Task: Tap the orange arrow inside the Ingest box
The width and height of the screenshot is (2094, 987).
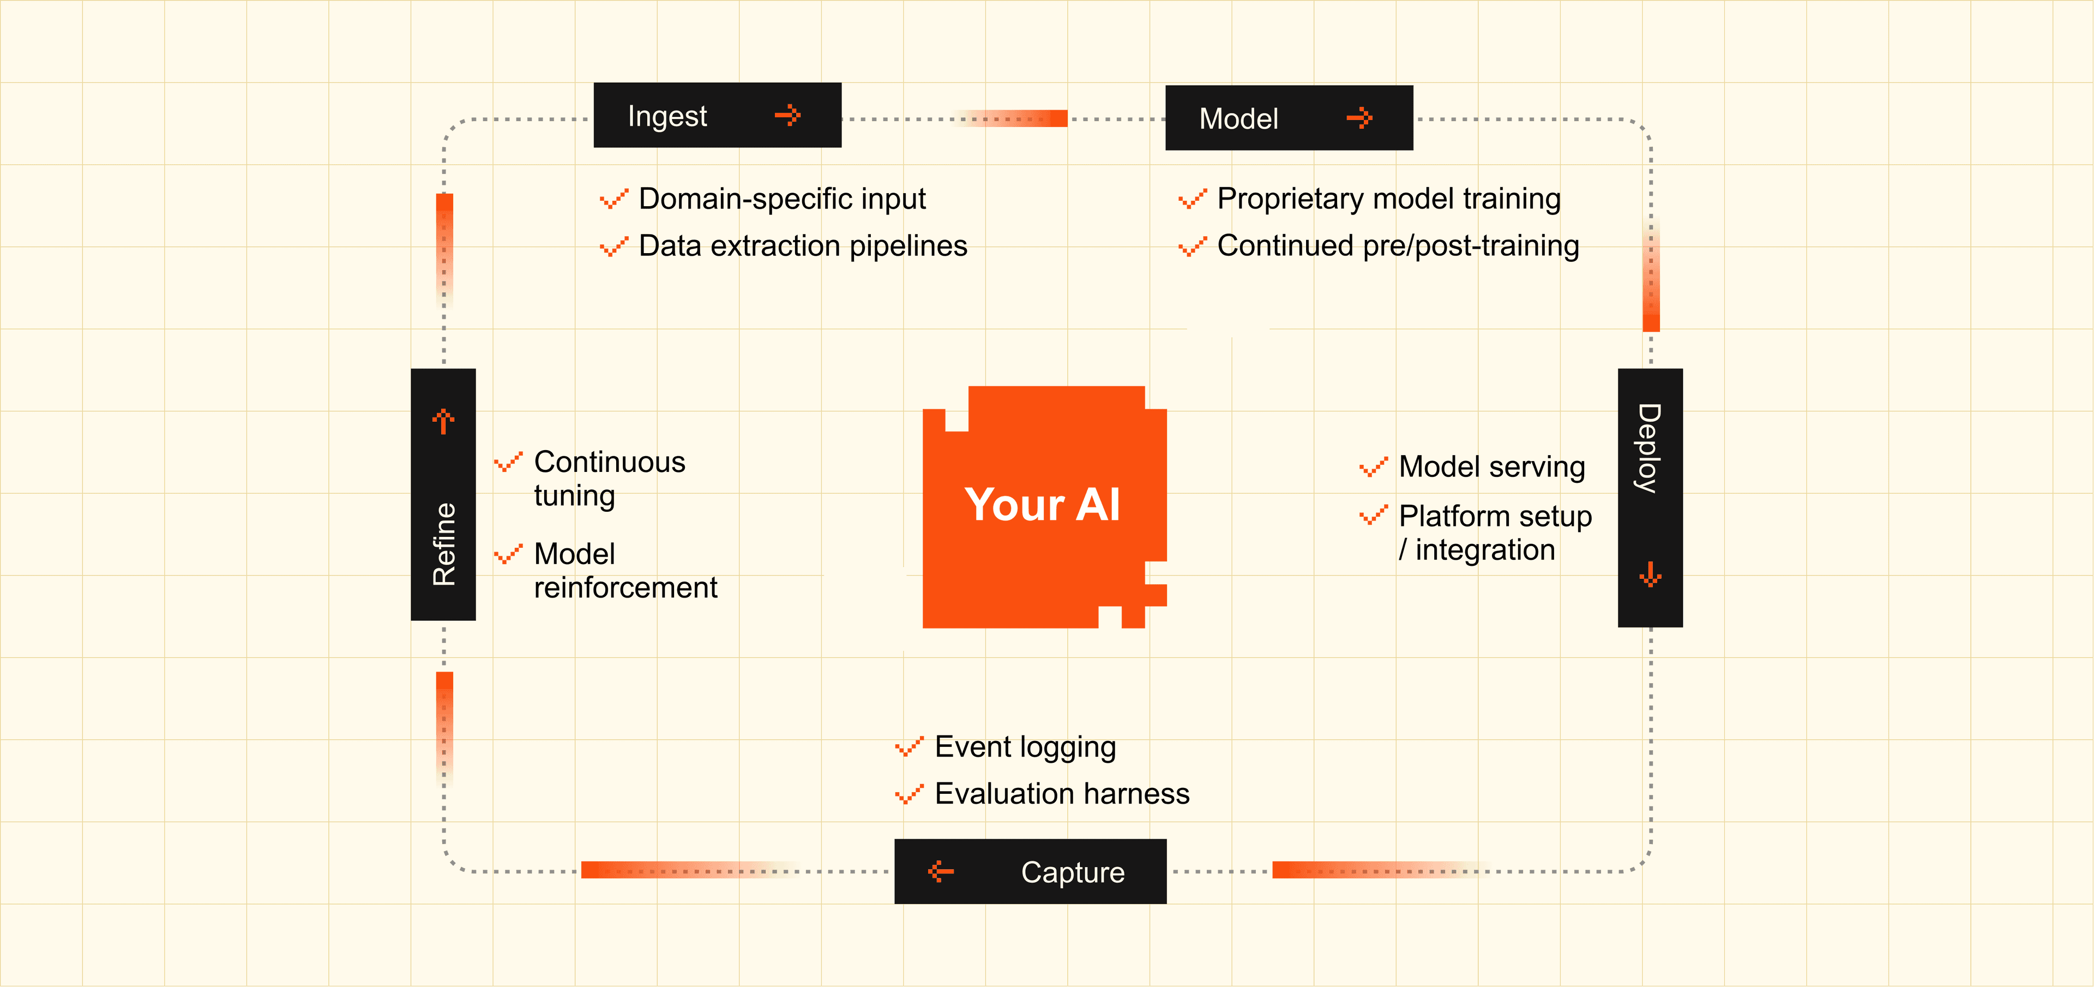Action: (x=787, y=116)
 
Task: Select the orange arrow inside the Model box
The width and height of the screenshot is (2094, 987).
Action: (x=1359, y=119)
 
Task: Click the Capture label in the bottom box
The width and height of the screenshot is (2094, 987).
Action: (x=1073, y=872)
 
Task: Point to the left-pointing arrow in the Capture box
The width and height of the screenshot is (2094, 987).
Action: (x=941, y=871)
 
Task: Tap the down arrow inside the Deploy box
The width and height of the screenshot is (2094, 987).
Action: (x=1650, y=574)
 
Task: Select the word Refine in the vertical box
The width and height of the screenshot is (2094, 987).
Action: (x=444, y=544)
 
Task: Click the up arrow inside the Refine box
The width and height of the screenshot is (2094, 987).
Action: (x=443, y=421)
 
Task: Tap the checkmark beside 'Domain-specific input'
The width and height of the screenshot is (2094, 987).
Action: (x=613, y=199)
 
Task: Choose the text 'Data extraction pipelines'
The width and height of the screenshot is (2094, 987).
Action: (x=803, y=246)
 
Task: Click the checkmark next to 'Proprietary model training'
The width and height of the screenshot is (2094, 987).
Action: (x=1193, y=199)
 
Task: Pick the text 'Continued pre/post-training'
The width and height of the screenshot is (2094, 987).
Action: (x=1398, y=246)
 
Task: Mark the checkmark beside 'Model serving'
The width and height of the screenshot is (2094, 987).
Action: (x=1374, y=468)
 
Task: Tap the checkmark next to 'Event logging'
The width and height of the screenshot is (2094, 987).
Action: (x=909, y=746)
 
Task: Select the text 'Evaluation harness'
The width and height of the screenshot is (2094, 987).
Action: (x=1062, y=793)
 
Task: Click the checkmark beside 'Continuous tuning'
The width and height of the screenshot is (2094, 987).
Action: (x=508, y=463)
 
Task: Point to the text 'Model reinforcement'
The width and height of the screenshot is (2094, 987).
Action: (x=625, y=570)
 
